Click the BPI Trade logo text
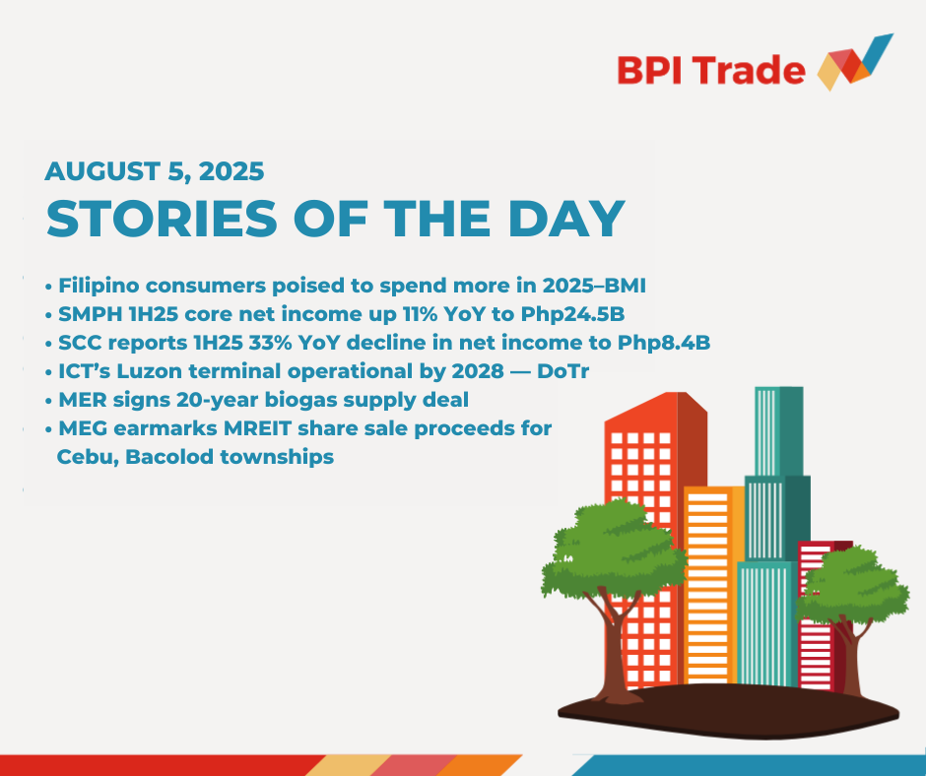tap(711, 71)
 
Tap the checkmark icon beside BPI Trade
tap(855, 62)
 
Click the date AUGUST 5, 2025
tap(154, 172)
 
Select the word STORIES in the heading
tap(162, 219)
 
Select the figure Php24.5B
tap(572, 315)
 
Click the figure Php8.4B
tap(664, 343)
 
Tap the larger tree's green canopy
tap(614, 550)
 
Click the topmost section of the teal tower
tap(779, 431)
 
